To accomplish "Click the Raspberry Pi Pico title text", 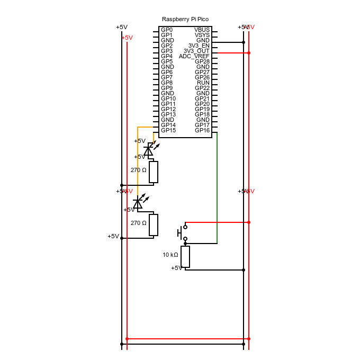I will tap(185, 19).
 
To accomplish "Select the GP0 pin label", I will tap(167, 30).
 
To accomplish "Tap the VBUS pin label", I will tap(202, 30).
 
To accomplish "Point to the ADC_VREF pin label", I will tap(194, 56).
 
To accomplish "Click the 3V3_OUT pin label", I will tap(196, 51).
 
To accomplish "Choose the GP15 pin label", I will tap(168, 130).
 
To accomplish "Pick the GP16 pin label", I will tap(202, 130).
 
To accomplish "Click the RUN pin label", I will tap(203, 83).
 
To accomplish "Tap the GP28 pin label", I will tap(202, 61).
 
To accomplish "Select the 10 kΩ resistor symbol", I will tap(185, 257).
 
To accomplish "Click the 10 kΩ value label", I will tap(170, 255).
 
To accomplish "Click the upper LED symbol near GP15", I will tap(149, 150).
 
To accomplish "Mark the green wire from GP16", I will tap(217, 185).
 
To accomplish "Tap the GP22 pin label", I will tap(202, 88).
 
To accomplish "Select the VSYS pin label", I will tap(202, 35).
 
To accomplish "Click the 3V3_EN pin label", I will tap(199, 46).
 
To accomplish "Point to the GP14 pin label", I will tap(168, 125).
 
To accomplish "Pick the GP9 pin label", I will tap(167, 88).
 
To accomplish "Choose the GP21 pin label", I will tap(202, 98).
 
